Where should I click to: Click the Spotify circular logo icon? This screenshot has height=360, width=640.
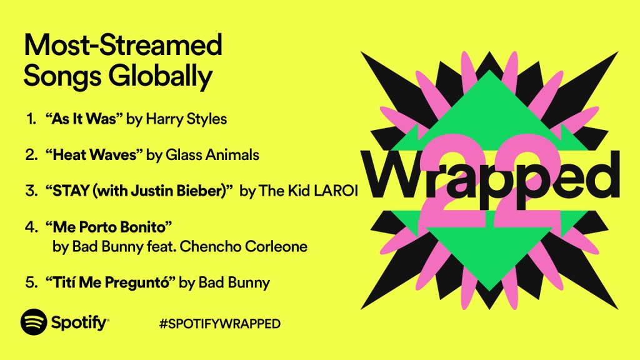34,322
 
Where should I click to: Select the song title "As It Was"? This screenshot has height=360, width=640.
84,119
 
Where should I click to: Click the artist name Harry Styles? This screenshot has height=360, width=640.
186,119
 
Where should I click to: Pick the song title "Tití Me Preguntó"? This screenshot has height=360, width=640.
110,282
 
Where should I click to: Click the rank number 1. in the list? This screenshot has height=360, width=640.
31,119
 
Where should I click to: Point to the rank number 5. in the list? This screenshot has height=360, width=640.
31,282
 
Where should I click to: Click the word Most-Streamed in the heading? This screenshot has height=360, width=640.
122,46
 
